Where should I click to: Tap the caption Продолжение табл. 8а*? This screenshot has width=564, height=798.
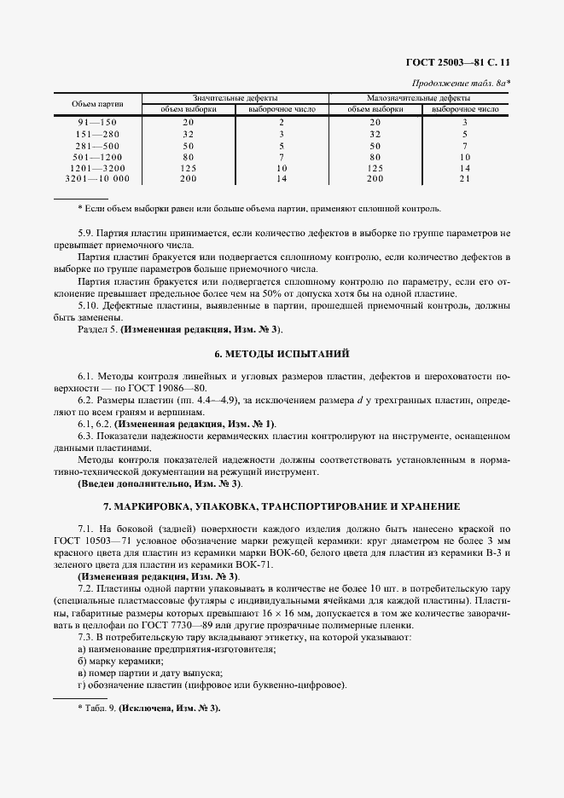coord(461,83)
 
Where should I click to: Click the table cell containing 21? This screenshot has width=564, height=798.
coord(465,179)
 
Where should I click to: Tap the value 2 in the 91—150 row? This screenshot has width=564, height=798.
coord(281,123)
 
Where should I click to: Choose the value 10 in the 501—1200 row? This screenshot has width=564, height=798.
coord(465,157)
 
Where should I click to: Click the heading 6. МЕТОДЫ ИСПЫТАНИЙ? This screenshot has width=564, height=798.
coord(281,353)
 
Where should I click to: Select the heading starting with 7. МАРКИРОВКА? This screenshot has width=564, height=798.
coord(281,506)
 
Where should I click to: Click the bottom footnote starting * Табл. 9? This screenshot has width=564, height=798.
coord(148,708)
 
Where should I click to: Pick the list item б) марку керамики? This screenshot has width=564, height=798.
coord(120,661)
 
